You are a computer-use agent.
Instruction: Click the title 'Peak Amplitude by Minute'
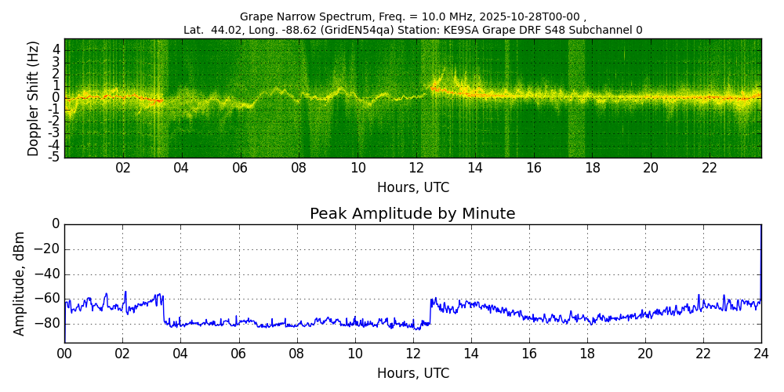[x=412, y=214]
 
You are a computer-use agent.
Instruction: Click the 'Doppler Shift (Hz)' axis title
[x=33, y=99]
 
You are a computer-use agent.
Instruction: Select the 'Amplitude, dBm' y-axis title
[x=20, y=283]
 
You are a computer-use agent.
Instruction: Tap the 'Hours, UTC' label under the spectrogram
[x=412, y=187]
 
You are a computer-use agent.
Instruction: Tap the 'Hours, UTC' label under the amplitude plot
[x=412, y=373]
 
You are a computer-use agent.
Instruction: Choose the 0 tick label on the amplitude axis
[x=56, y=224]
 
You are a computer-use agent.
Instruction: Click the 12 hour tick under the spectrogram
[x=416, y=168]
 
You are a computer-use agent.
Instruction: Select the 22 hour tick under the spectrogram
[x=710, y=168]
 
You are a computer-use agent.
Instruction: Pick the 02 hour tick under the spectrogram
[x=123, y=168]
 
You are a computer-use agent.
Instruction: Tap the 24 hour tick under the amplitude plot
[x=760, y=353]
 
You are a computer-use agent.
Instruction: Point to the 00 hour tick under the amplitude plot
[x=64, y=353]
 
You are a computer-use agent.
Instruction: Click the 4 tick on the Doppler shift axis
[x=56, y=49]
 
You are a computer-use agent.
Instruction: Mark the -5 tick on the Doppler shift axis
[x=53, y=157]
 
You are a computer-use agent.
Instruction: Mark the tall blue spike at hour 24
[x=760, y=259]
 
